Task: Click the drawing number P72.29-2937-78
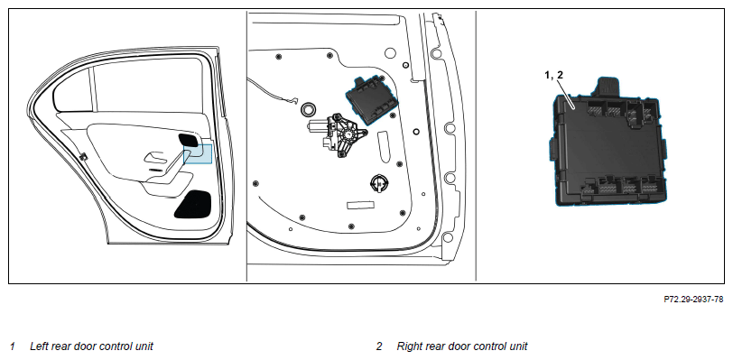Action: (693, 300)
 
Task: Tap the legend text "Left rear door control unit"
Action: (91, 346)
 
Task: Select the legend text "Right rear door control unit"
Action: (462, 346)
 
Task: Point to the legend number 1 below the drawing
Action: (13, 346)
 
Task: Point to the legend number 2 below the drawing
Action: (379, 346)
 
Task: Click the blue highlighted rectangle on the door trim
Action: (198, 154)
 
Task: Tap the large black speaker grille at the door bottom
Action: (193, 205)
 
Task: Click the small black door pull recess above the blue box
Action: (188, 140)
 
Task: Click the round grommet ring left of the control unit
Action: (307, 108)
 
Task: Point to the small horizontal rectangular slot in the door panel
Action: (360, 205)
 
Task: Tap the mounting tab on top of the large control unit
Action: (608, 87)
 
